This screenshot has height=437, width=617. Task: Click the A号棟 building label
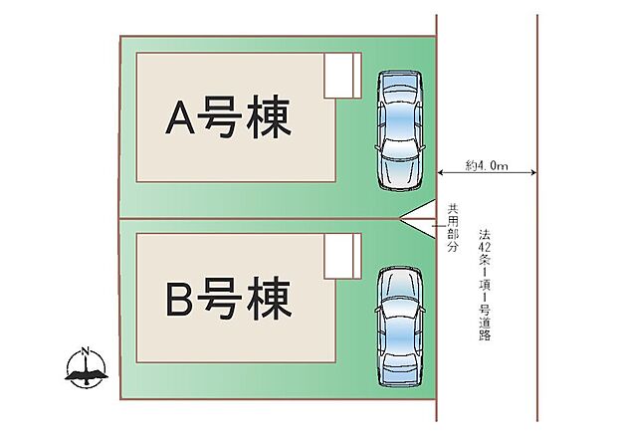(x=228, y=116)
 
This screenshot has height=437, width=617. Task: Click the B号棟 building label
(x=228, y=298)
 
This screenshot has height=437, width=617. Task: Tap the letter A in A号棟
(x=180, y=117)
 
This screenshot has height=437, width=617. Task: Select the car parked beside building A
(x=400, y=130)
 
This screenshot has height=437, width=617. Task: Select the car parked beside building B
(x=400, y=328)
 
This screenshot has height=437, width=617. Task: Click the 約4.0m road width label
(x=487, y=165)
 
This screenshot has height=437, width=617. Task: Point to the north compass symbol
(x=86, y=368)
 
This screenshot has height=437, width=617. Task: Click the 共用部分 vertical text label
(x=454, y=228)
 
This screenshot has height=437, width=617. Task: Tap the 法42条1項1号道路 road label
(x=485, y=285)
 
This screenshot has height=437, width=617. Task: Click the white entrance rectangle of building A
(x=342, y=76)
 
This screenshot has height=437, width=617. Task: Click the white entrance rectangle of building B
(x=342, y=256)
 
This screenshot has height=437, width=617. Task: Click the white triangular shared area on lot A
(x=423, y=210)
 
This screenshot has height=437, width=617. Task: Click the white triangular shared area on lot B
(x=423, y=227)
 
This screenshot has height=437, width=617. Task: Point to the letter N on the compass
(x=85, y=351)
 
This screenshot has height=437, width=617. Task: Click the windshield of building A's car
(x=400, y=150)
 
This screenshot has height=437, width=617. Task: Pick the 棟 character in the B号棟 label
(x=269, y=298)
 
